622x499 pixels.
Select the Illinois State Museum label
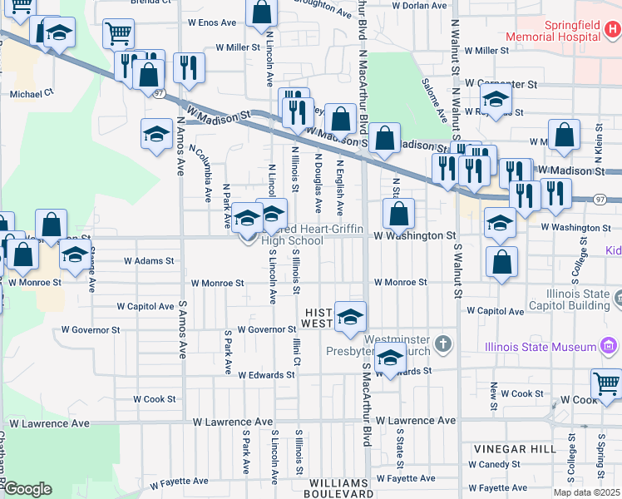541,346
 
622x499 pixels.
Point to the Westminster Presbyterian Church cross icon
444,343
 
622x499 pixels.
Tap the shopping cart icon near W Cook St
606,384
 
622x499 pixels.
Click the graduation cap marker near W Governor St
351,316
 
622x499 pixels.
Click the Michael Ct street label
31,94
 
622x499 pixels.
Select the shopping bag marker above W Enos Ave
262,13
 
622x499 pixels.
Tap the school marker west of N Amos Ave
156,134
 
